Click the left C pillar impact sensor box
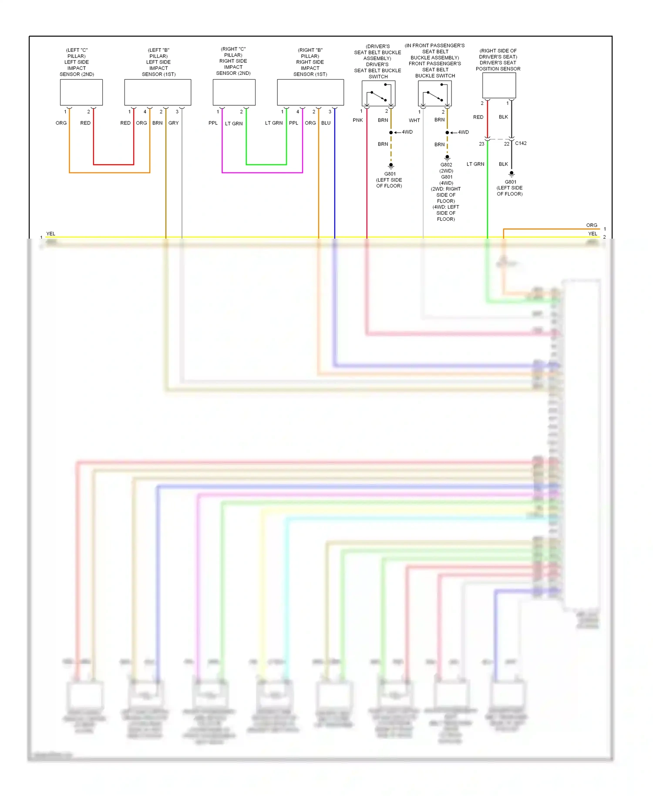click(81, 92)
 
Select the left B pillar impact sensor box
click(158, 92)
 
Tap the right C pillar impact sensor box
click(234, 92)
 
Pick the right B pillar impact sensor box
click(310, 92)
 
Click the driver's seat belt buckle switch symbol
click(378, 93)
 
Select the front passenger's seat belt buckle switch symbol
click(434, 93)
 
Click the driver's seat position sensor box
click(499, 85)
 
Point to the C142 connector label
click(521, 143)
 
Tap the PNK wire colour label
click(357, 120)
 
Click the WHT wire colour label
click(414, 121)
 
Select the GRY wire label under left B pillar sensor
click(173, 123)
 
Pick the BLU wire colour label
click(326, 123)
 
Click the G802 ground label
click(446, 165)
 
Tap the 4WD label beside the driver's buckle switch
click(407, 132)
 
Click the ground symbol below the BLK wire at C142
click(512, 174)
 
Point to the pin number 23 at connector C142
click(481, 144)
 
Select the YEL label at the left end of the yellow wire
click(50, 234)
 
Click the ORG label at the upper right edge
click(592, 225)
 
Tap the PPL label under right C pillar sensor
click(213, 123)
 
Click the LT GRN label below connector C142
click(475, 164)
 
